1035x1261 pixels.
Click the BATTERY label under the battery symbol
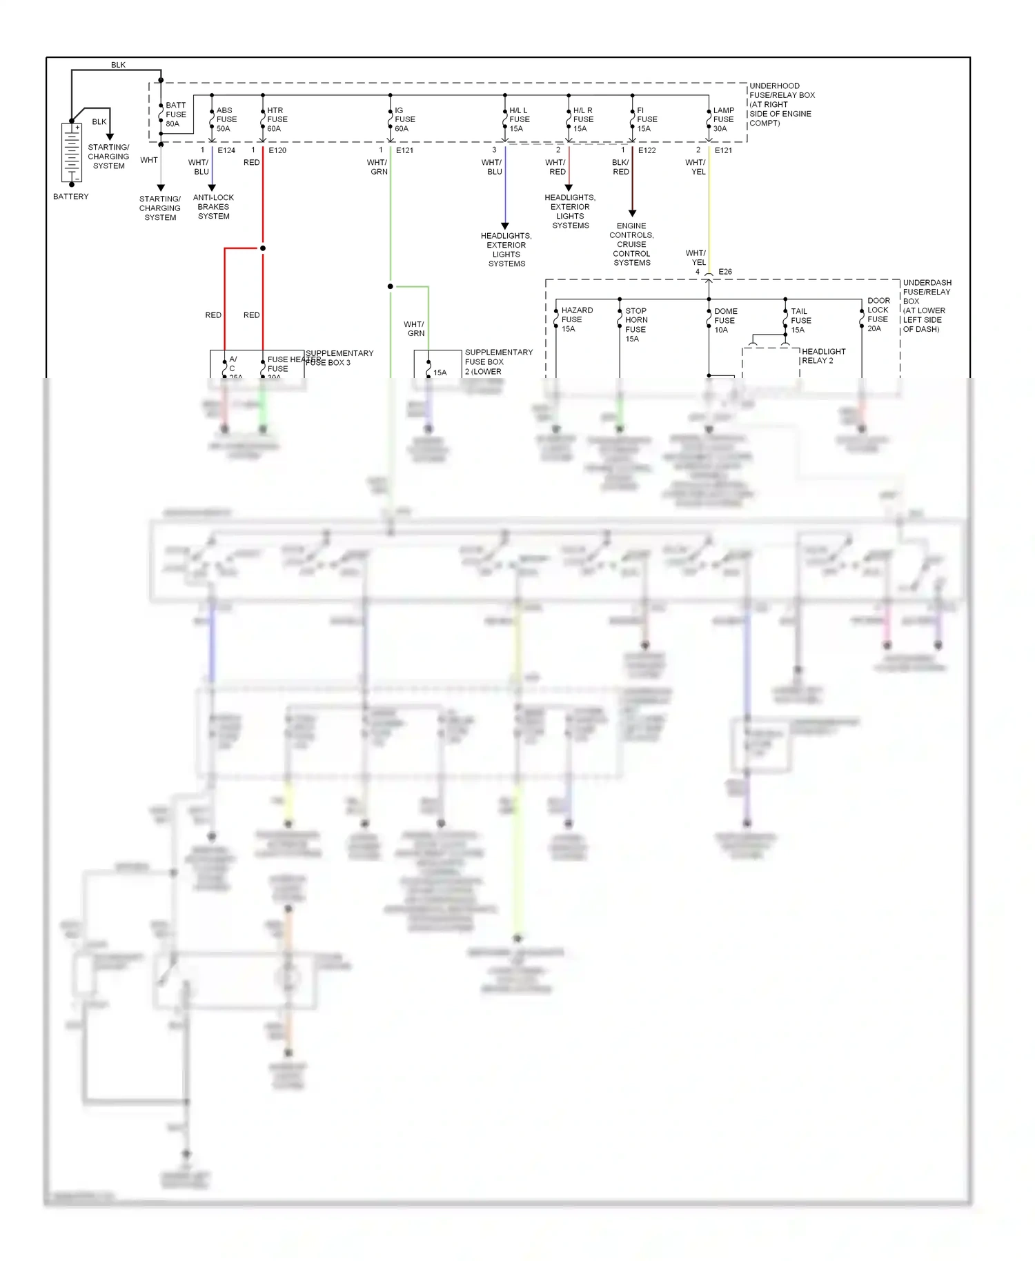(70, 197)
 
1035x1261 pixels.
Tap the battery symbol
(72, 152)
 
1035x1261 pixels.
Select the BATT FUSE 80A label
(176, 115)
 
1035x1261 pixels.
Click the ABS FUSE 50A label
(226, 119)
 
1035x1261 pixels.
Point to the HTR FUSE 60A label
(277, 119)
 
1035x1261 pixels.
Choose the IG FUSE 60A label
(404, 119)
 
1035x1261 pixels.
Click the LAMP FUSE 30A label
(723, 119)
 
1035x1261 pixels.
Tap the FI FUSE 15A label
(647, 119)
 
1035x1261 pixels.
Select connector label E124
(226, 150)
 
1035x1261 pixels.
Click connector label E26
(724, 272)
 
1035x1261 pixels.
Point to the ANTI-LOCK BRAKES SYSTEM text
(213, 207)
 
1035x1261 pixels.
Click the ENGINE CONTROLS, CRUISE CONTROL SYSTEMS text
(631, 244)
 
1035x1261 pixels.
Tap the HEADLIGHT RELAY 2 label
(823, 356)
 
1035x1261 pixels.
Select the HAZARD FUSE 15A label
(576, 319)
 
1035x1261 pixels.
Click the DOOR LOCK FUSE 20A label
(878, 315)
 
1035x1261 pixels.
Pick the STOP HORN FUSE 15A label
(635, 325)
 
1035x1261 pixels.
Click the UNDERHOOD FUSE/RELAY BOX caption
(781, 104)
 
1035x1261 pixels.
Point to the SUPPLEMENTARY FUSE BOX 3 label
(339, 357)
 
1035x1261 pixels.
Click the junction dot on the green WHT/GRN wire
(391, 286)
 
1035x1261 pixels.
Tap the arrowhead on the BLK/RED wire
(632, 213)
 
